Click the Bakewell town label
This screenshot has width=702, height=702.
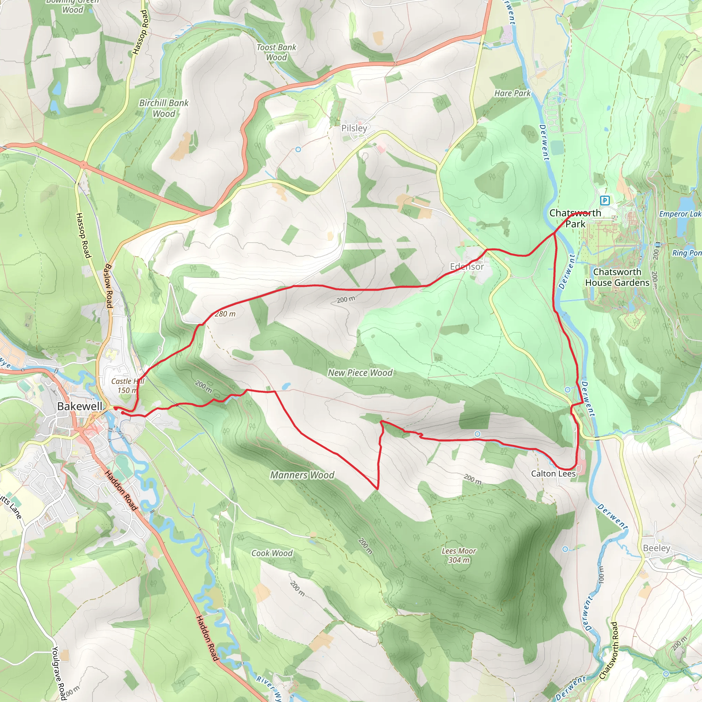[x=80, y=406]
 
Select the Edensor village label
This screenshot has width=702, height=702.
[x=467, y=266]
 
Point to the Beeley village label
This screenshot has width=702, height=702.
[x=656, y=548]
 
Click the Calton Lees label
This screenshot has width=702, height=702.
[x=553, y=473]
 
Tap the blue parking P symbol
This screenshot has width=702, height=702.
[x=605, y=200]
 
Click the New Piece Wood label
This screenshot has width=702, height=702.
[x=360, y=373]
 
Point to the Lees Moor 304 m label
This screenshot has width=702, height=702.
[x=459, y=555]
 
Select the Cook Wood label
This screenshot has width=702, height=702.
[x=272, y=553]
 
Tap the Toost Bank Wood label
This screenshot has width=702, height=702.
[x=277, y=52]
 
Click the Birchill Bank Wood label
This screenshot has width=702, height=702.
[x=164, y=108]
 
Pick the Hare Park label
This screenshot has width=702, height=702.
[x=512, y=93]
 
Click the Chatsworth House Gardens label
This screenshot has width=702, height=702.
[x=617, y=277]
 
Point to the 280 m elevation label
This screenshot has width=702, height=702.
[x=225, y=314]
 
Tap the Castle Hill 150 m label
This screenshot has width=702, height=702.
[x=128, y=386]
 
